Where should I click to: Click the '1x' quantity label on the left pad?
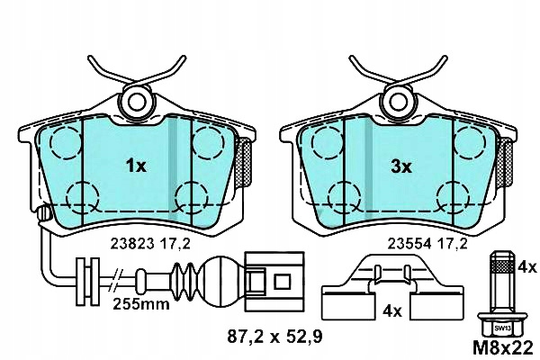pos(135,166)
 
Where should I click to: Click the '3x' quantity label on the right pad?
pos(400,166)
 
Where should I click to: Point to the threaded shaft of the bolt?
pos(499,279)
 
